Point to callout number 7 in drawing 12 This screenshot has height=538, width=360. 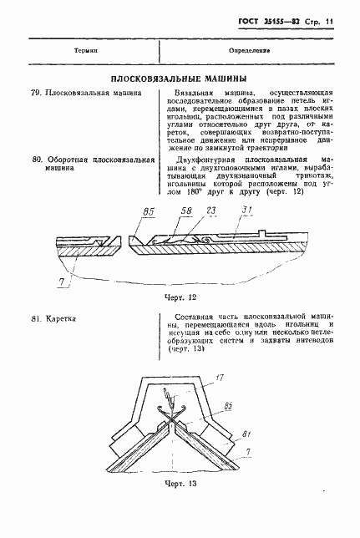coord(61,284)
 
